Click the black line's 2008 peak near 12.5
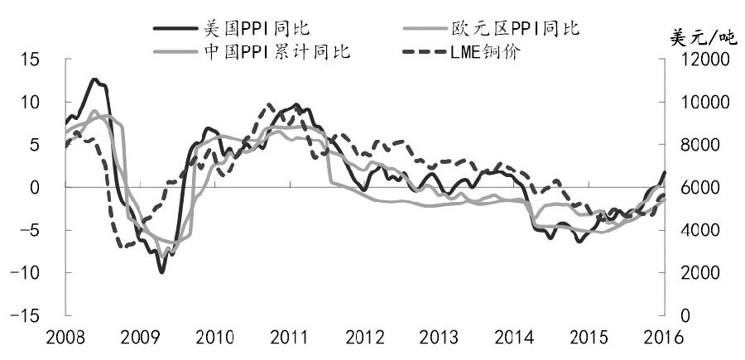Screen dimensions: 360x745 (x=95, y=79)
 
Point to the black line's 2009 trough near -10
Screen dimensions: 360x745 (x=161, y=271)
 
